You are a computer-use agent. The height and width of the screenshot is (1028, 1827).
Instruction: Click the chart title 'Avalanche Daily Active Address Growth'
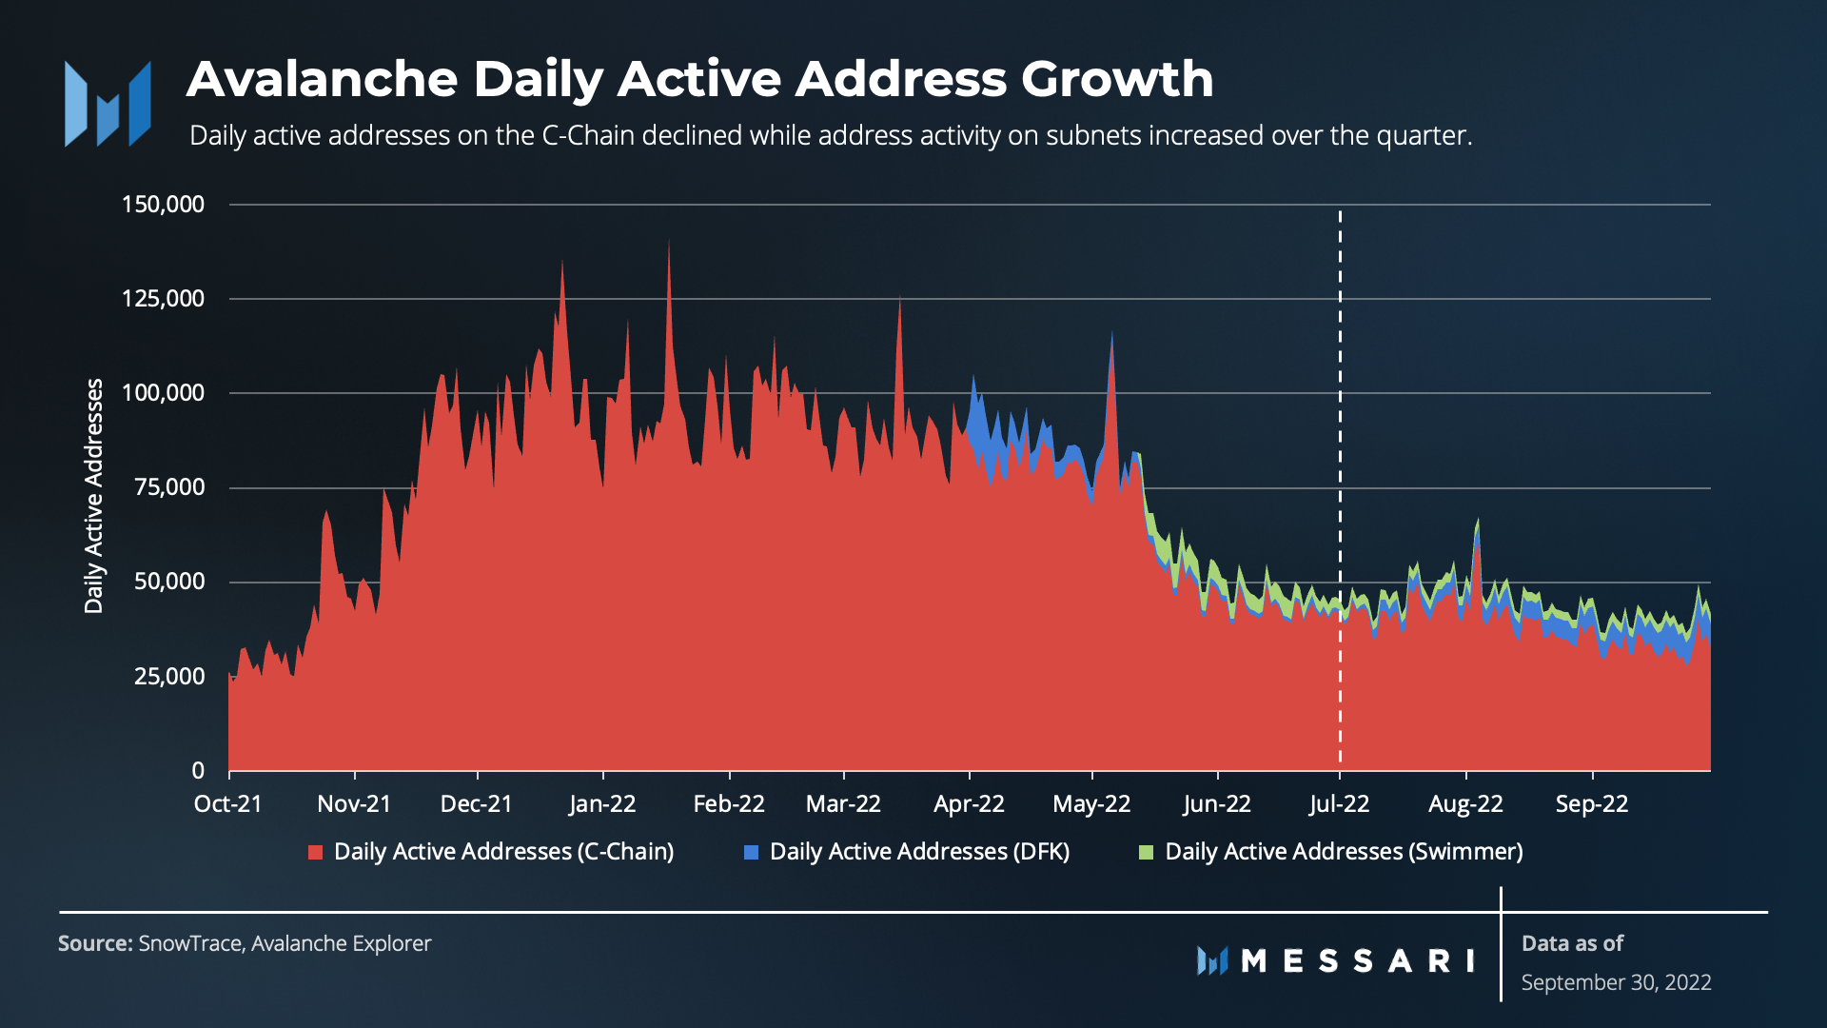pyautogui.click(x=699, y=79)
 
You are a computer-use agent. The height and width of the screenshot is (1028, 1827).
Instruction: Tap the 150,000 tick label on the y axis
pyautogui.click(x=163, y=205)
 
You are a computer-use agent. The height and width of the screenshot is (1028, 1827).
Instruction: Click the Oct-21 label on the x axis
pyautogui.click(x=228, y=804)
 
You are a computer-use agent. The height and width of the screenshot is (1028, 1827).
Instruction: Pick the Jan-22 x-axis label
pyautogui.click(x=602, y=804)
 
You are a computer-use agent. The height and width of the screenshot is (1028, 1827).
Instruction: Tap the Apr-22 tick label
pyautogui.click(x=969, y=804)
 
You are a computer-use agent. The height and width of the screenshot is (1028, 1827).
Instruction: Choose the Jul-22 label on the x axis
pyautogui.click(x=1339, y=804)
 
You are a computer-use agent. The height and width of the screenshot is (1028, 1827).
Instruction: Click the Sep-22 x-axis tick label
pyautogui.click(x=1592, y=804)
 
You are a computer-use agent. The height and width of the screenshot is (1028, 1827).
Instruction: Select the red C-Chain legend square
pyautogui.click(x=316, y=852)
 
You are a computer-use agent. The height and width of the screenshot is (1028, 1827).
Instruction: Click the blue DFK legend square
pyautogui.click(x=752, y=852)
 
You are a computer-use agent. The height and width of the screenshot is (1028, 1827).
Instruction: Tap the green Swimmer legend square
pyautogui.click(x=1147, y=852)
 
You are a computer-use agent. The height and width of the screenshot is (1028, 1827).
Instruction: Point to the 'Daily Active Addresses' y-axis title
pyautogui.click(x=93, y=495)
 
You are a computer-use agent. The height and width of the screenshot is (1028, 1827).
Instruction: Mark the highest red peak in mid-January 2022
pyautogui.click(x=669, y=243)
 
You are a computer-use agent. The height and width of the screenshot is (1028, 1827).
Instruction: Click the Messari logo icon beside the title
pyautogui.click(x=108, y=104)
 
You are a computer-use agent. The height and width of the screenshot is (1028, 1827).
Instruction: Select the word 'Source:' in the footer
pyautogui.click(x=95, y=943)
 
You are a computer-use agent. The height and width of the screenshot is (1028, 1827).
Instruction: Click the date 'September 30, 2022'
pyautogui.click(x=1616, y=982)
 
